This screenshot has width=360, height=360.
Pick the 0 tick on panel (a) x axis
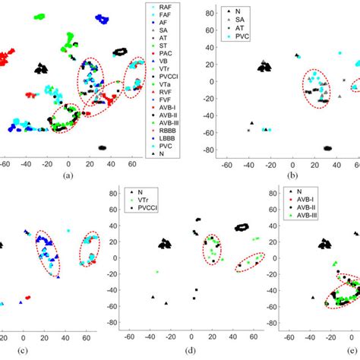(68, 163)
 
